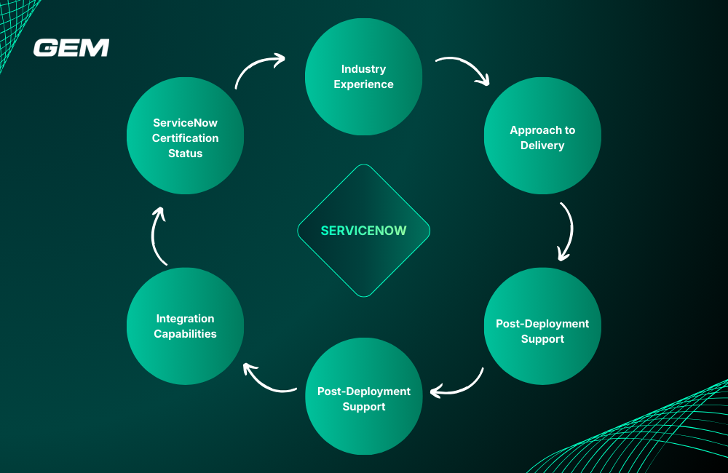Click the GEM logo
coord(71,48)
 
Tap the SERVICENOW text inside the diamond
coord(363,231)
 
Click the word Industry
coord(363,69)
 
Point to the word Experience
coord(363,84)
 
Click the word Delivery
coord(542,146)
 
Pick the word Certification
coord(185,138)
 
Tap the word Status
coord(185,154)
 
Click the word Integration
coord(185,319)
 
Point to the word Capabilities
coord(185,334)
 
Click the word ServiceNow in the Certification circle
coord(185,123)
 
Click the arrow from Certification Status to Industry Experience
coord(258,68)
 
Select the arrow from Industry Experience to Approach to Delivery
coord(464,68)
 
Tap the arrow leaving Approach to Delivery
coord(566,231)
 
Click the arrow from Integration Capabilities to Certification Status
coord(159,234)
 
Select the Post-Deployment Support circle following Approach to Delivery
coord(542,326)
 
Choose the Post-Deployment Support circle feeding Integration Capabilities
coord(363,397)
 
